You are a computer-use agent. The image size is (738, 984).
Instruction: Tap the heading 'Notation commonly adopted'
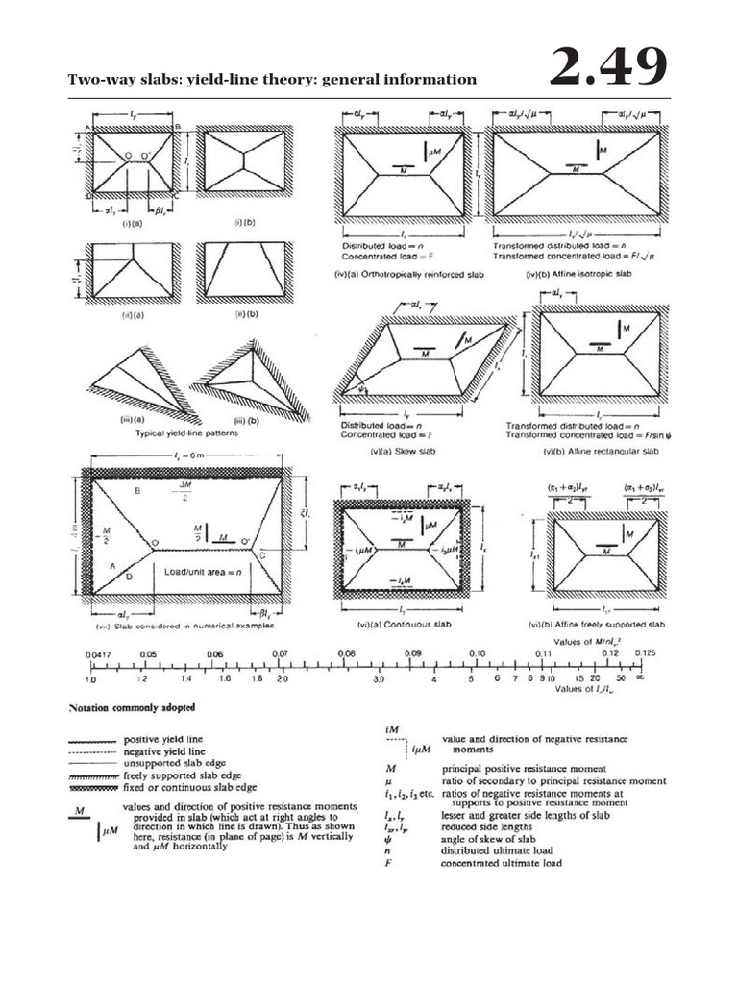tap(131, 707)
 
